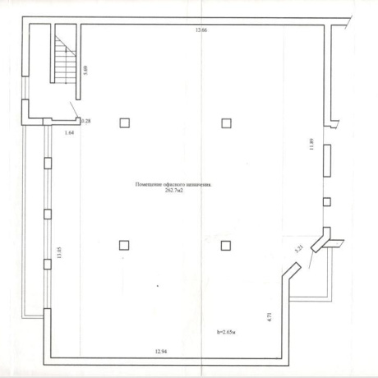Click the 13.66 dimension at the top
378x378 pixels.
point(201,30)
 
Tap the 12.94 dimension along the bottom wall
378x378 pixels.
point(161,352)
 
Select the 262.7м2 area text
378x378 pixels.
point(174,191)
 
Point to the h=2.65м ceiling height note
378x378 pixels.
point(226,332)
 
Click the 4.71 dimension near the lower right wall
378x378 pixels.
point(270,317)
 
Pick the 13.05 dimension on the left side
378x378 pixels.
point(60,252)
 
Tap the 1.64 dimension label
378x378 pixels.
point(69,133)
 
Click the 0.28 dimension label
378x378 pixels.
point(86,121)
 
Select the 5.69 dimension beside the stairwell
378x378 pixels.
point(85,71)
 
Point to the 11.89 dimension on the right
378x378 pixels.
point(311,145)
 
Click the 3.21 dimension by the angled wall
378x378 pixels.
point(299,250)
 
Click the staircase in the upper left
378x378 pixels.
point(65,60)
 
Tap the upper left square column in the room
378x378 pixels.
point(125,123)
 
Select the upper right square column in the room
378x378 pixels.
point(226,123)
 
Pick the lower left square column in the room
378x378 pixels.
point(124,246)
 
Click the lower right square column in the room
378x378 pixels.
point(226,246)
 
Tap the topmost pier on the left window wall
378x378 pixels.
point(48,163)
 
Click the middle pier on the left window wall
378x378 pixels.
point(48,214)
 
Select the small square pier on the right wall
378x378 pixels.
point(327,202)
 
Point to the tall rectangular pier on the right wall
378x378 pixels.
point(327,160)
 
